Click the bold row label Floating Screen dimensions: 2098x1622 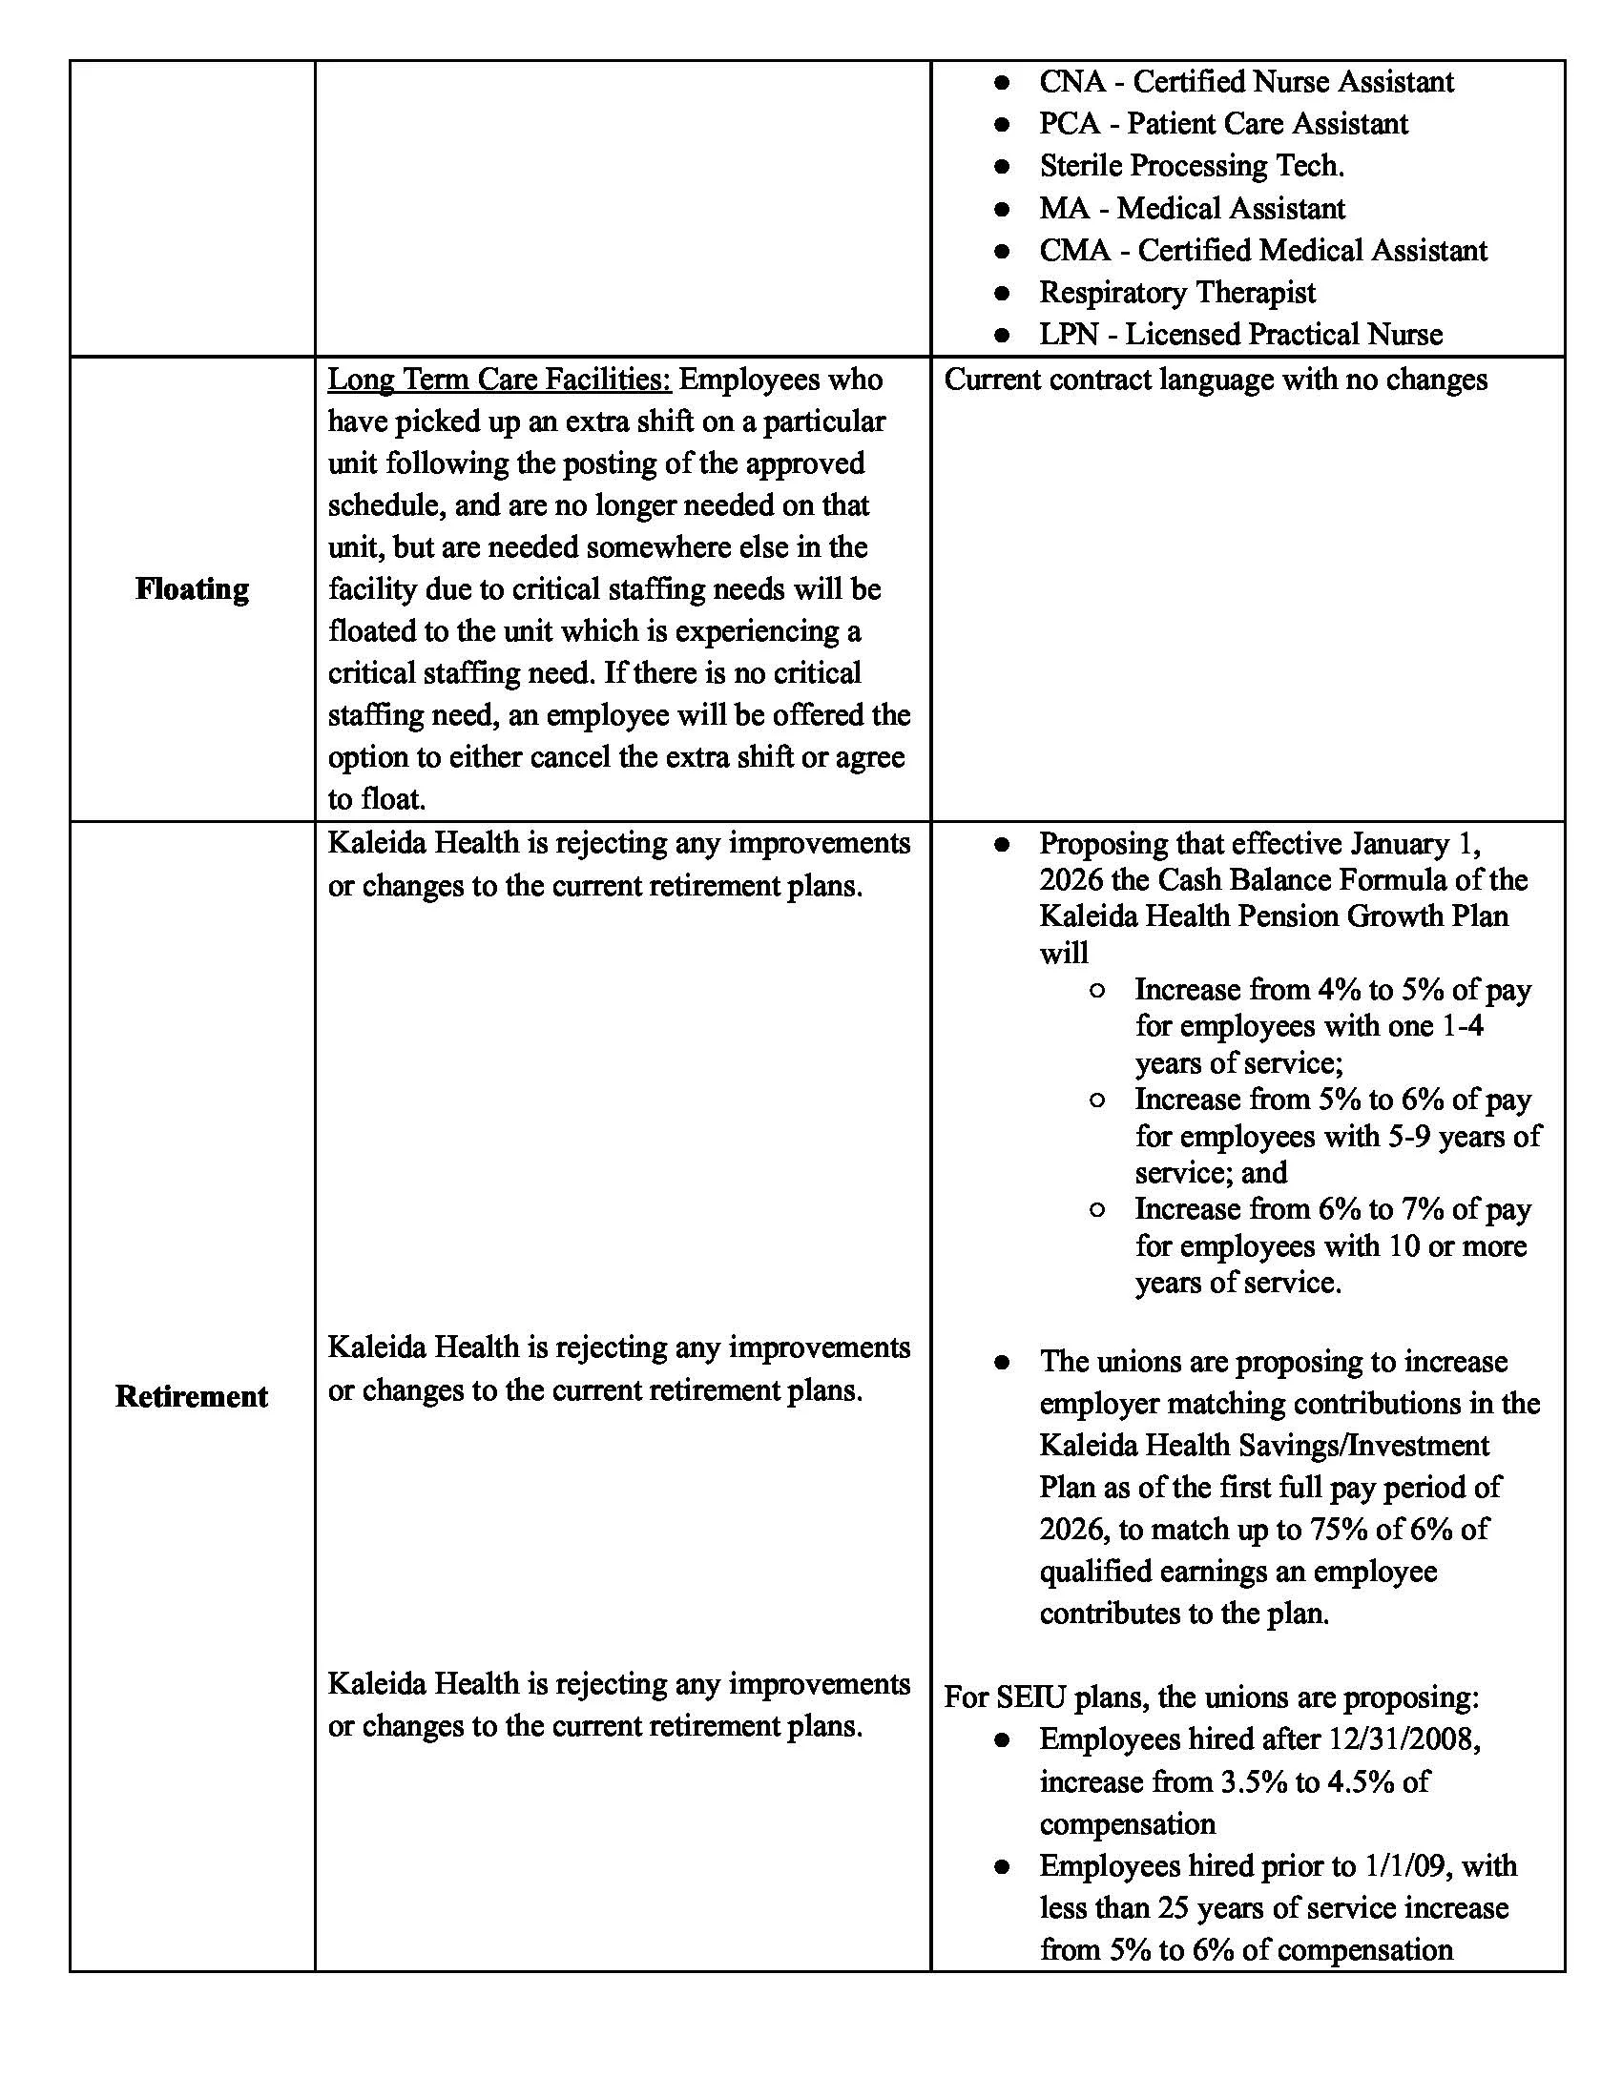click(x=191, y=588)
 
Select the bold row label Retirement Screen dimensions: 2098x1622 click(x=191, y=1396)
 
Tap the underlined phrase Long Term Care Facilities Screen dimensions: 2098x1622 click(x=499, y=380)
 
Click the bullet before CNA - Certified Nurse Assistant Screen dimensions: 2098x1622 click(x=1001, y=83)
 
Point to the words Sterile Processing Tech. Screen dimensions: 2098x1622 click(x=1192, y=166)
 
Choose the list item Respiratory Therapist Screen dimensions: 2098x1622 click(x=1177, y=292)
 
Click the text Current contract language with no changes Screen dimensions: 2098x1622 click(x=1216, y=380)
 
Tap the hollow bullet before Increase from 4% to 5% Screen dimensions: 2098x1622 click(x=1096, y=991)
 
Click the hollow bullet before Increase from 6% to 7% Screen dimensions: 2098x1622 click(x=1096, y=1209)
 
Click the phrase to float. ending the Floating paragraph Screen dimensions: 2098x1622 click(x=377, y=799)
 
